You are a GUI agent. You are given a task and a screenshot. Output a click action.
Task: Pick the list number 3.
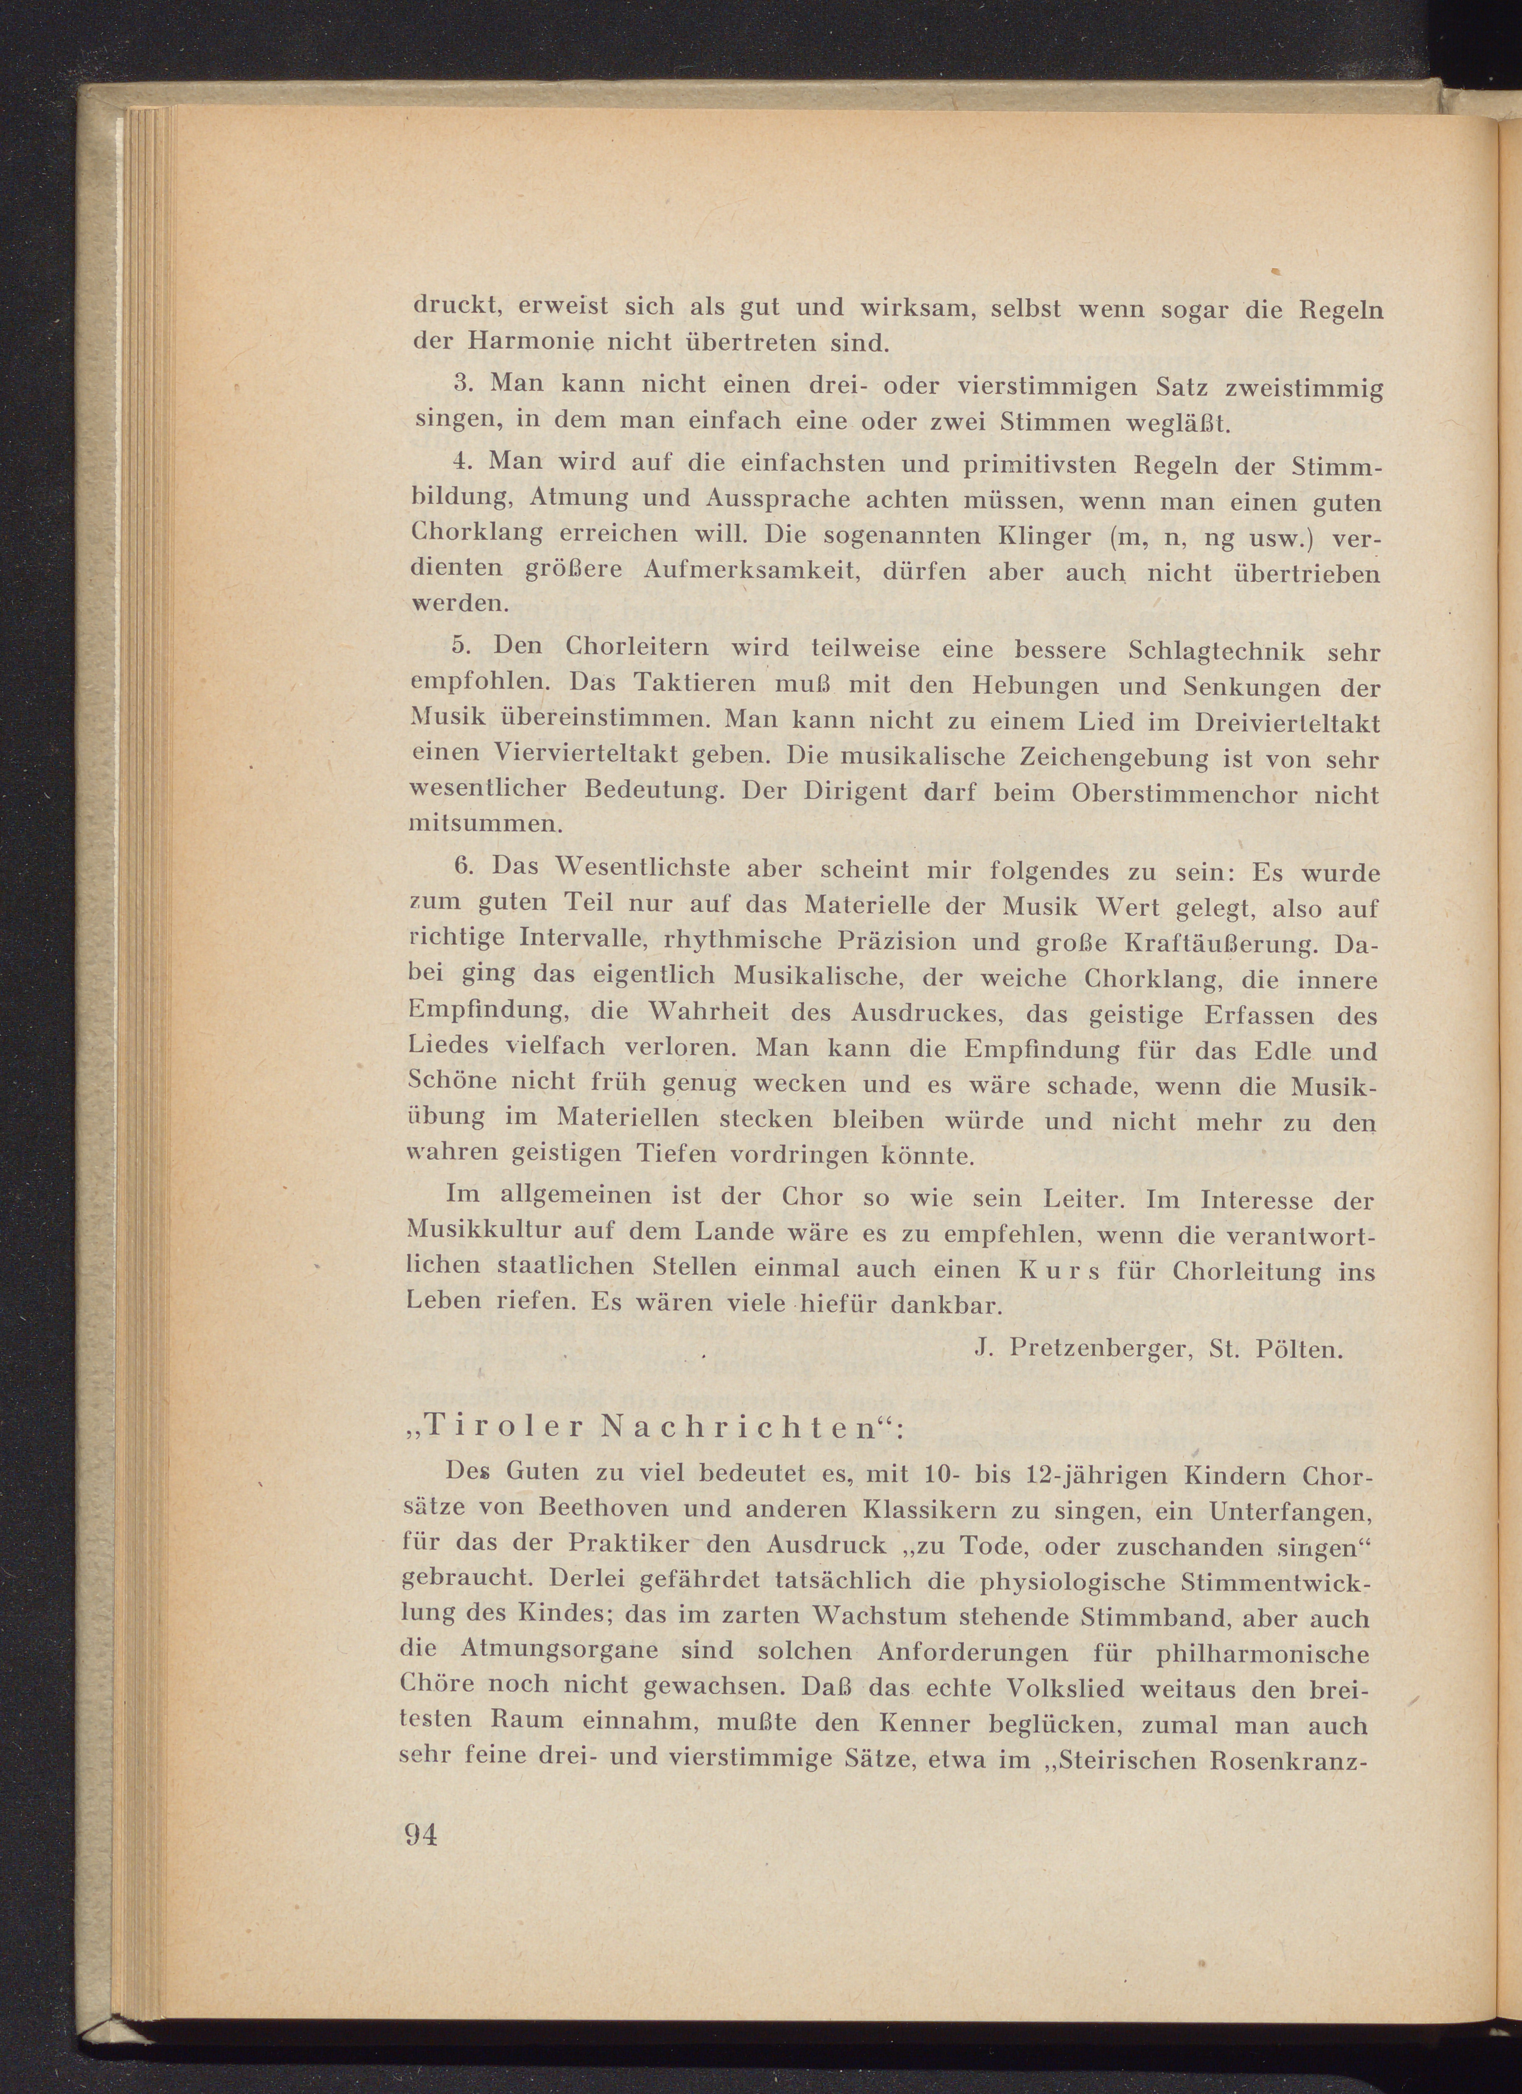[x=464, y=381]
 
